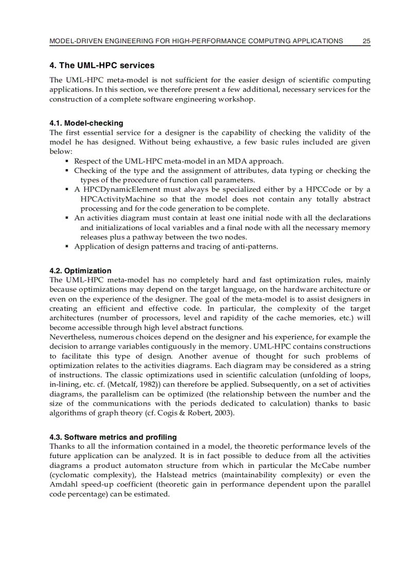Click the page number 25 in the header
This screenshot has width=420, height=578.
click(366, 41)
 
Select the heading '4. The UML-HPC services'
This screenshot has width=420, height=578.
click(101, 66)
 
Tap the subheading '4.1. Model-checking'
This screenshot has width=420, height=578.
click(86, 123)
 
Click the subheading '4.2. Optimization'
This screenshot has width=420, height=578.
click(80, 271)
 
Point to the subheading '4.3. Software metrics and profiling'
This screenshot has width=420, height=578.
click(113, 437)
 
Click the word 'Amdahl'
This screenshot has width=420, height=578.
click(63, 484)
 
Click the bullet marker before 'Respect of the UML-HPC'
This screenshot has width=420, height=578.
click(67, 161)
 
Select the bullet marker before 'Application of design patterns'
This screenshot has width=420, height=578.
click(67, 247)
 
